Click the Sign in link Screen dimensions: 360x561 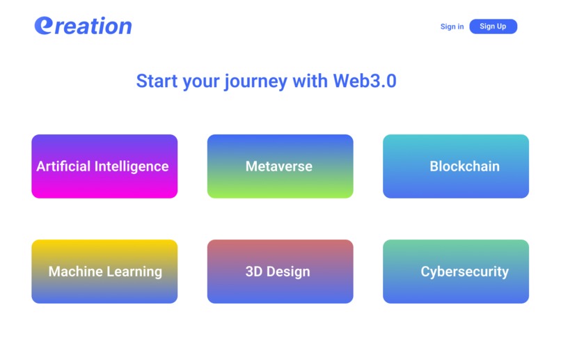coord(452,26)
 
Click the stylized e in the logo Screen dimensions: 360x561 coord(43,25)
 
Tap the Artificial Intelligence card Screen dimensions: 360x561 coord(104,166)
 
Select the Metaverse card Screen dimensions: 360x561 coord(280,166)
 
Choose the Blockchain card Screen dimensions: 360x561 coord(456,166)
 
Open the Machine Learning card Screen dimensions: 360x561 coord(104,272)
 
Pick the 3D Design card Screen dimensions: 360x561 coord(280,272)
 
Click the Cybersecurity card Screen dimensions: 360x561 coord(456,272)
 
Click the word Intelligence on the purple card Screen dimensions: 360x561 coord(132,166)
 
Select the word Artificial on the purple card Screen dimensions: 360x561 coord(63,166)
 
